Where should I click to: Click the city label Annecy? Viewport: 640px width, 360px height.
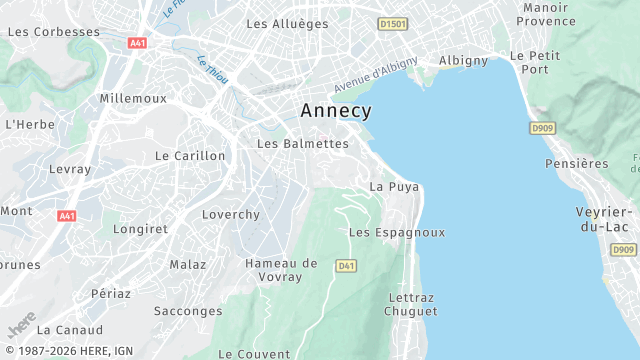[336, 111]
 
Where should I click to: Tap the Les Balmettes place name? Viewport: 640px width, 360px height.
[303, 144]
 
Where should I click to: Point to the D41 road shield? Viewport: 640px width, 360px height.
[346, 265]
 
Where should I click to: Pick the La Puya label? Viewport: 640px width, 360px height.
[394, 187]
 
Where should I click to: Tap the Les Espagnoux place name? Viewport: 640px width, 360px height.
[397, 232]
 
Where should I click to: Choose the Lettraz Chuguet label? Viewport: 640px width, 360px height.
[412, 304]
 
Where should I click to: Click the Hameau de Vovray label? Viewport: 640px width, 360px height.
[281, 270]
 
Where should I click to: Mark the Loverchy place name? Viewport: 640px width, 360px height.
[231, 215]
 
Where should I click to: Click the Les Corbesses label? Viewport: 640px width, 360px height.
[54, 32]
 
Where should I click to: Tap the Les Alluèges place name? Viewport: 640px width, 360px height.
[287, 23]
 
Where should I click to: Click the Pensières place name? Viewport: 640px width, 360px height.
[577, 163]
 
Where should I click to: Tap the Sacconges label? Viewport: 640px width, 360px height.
[188, 311]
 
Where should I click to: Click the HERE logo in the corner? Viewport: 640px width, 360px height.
[21, 327]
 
